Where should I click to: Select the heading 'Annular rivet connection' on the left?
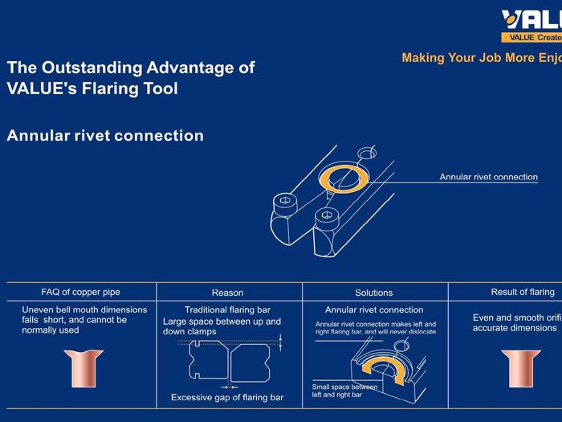tap(105, 135)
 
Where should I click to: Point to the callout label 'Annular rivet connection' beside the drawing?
tap(488, 177)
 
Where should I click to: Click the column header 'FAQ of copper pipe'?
tap(80, 292)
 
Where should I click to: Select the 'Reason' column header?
tap(227, 293)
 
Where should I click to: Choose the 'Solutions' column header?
tap(374, 293)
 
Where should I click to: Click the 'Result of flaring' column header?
tap(523, 292)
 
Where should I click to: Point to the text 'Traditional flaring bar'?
tap(227, 309)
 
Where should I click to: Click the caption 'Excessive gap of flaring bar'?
tap(227, 397)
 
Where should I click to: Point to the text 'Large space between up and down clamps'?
tap(222, 326)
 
